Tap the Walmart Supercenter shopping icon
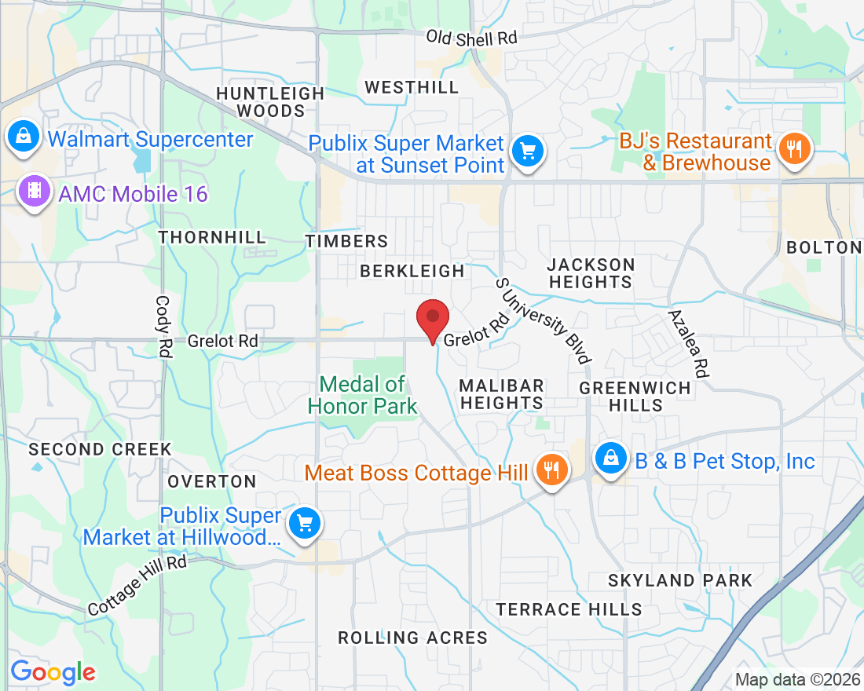(x=24, y=137)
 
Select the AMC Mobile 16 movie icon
(x=34, y=191)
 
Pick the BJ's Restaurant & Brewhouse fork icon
(x=794, y=148)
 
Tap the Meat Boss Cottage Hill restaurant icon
(x=552, y=470)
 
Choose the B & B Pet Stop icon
(x=610, y=459)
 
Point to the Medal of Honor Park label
(x=363, y=395)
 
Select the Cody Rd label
(x=163, y=327)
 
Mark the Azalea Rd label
(x=688, y=344)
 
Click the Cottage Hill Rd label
(x=137, y=585)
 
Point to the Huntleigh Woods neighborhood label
(x=270, y=102)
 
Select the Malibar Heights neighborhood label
(x=501, y=394)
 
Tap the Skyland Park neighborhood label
(x=680, y=581)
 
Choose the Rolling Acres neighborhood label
(x=412, y=638)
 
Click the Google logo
(x=53, y=672)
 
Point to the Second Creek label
(x=100, y=449)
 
